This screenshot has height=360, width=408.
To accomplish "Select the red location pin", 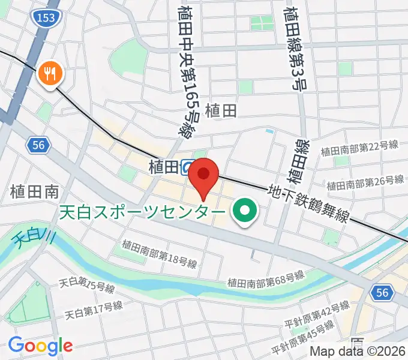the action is click(203, 175).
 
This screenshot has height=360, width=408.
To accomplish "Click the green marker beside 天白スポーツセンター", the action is click(245, 211).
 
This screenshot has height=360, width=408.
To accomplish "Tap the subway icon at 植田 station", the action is click(188, 167).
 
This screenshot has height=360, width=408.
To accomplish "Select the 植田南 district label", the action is click(34, 192).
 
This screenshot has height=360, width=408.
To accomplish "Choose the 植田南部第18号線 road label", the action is click(159, 253).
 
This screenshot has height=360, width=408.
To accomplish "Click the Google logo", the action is click(40, 346).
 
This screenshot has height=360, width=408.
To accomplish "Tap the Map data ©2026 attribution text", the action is click(358, 352).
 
